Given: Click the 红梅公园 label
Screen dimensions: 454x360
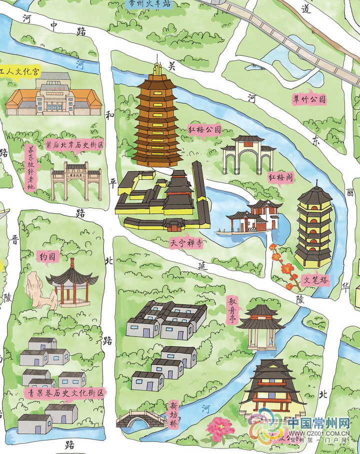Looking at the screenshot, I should (x=204, y=129).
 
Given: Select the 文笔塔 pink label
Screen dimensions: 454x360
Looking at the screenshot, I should (x=316, y=280).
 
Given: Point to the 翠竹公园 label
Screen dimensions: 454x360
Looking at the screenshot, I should (x=309, y=100).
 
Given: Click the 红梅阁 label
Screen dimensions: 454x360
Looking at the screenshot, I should (x=280, y=177).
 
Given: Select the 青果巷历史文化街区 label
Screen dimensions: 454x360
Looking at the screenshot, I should (x=64, y=393).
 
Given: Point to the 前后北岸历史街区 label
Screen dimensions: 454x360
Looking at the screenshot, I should (x=74, y=145).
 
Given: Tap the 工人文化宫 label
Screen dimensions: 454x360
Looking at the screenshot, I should (x=20, y=72).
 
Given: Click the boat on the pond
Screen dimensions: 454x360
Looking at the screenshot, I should (x=228, y=232).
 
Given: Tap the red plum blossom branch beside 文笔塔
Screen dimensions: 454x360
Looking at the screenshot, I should (x=281, y=265).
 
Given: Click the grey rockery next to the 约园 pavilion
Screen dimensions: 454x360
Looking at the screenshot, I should (x=38, y=290).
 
